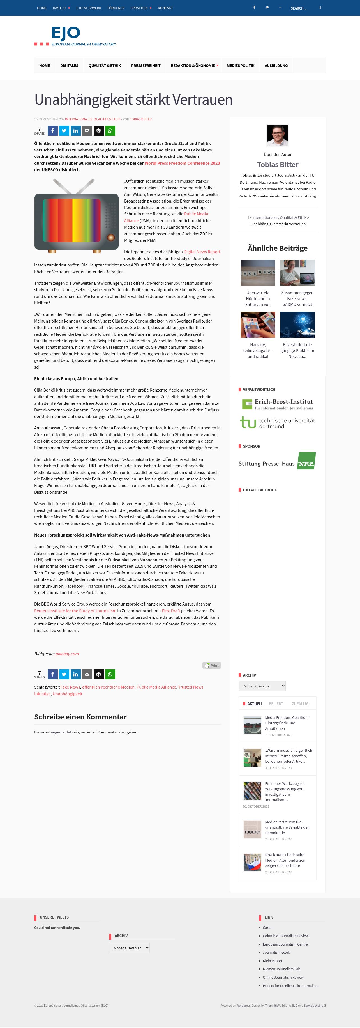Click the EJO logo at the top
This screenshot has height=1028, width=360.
click(x=75, y=36)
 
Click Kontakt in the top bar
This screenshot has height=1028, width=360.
click(x=165, y=8)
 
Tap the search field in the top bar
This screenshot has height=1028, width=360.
click(x=301, y=8)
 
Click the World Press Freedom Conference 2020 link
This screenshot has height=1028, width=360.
click(x=182, y=163)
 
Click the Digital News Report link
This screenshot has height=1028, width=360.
click(x=202, y=252)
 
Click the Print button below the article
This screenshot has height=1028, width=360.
click(x=211, y=665)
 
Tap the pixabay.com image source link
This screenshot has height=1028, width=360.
click(x=67, y=654)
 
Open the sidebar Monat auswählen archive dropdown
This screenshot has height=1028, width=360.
click(x=262, y=686)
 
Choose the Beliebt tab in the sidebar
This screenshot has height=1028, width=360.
click(x=276, y=703)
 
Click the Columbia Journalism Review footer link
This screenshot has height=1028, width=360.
click(x=285, y=936)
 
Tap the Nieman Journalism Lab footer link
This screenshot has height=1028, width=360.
click(x=281, y=969)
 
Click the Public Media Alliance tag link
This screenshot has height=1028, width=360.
click(x=156, y=687)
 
